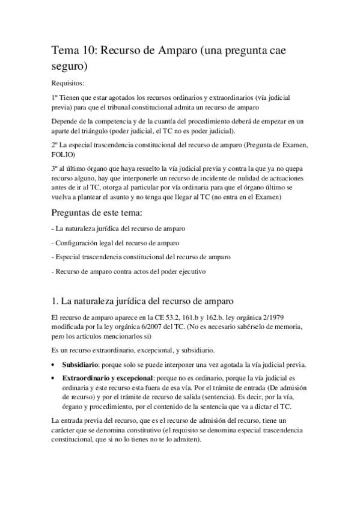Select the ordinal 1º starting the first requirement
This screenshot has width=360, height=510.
click(x=56, y=97)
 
